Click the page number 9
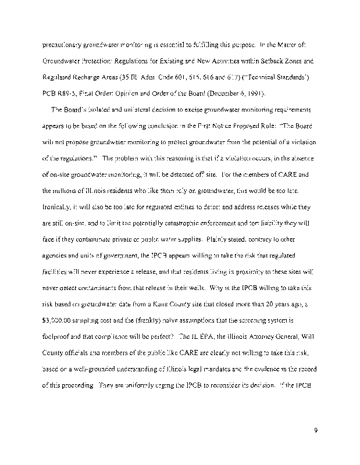[314, 430]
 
